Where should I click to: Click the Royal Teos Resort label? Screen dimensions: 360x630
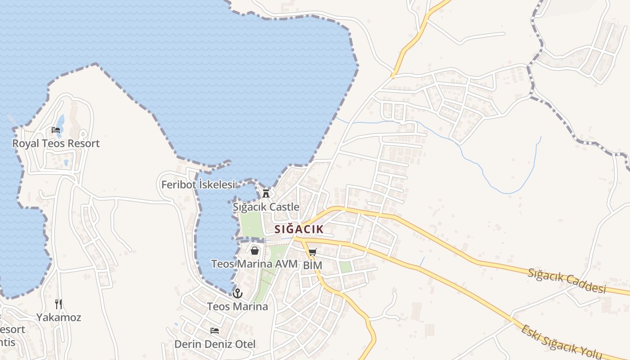tap(56, 144)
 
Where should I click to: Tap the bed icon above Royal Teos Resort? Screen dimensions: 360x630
tap(56, 130)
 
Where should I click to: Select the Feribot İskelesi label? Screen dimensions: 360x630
tap(198, 184)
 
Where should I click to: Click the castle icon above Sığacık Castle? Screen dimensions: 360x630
tap(266, 193)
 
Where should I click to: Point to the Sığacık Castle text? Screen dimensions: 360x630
tap(266, 207)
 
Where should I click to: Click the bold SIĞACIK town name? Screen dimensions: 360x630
tap(299, 229)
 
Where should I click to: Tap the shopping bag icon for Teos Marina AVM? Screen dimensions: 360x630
tap(255, 251)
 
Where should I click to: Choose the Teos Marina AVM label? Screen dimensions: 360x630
tap(255, 264)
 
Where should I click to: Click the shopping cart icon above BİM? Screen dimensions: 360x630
tap(313, 252)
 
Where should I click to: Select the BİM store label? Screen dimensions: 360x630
tap(313, 265)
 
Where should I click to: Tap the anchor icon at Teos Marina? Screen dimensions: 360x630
tap(238, 294)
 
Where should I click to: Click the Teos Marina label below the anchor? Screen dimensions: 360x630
tap(238, 307)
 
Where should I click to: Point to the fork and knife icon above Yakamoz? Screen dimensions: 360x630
tap(58, 304)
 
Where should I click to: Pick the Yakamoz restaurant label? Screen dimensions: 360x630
tap(59, 317)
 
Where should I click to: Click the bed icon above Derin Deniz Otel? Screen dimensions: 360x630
tap(215, 331)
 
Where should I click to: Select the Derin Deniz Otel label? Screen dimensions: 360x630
tap(215, 344)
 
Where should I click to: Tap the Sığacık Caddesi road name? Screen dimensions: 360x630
tap(567, 281)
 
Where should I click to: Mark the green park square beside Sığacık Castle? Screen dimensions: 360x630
tap(250, 224)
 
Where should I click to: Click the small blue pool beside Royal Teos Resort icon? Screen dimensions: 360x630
tap(61, 121)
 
